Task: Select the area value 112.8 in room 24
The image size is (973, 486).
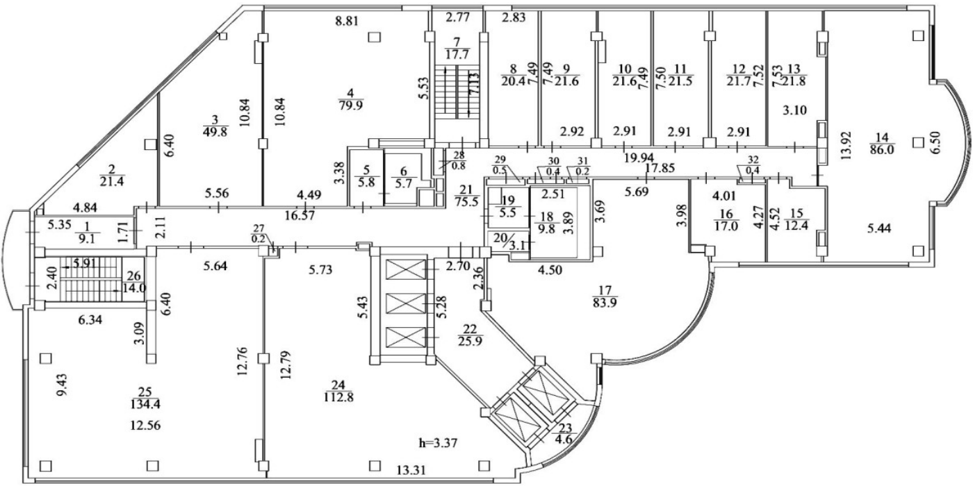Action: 337,397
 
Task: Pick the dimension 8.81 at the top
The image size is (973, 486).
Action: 347,22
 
